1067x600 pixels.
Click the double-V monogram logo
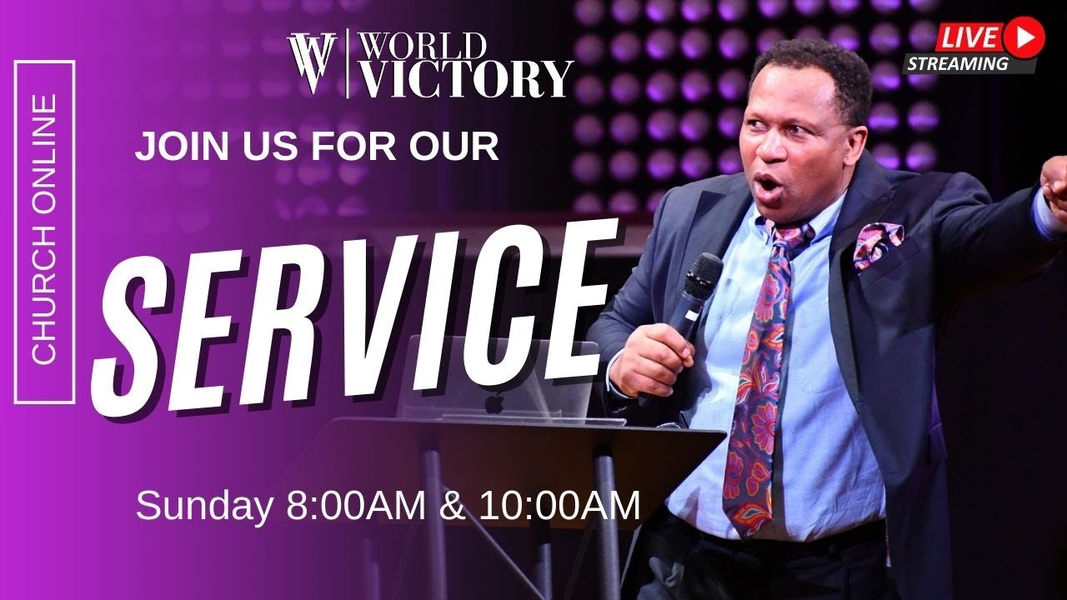tap(312, 63)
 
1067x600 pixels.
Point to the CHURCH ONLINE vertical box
tap(44, 232)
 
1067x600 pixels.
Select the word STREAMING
tap(958, 63)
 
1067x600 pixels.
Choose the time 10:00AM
tap(559, 506)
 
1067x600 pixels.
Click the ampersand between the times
tap(453, 506)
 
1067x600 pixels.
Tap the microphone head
tap(703, 276)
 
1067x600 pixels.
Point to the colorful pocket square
tap(878, 243)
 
